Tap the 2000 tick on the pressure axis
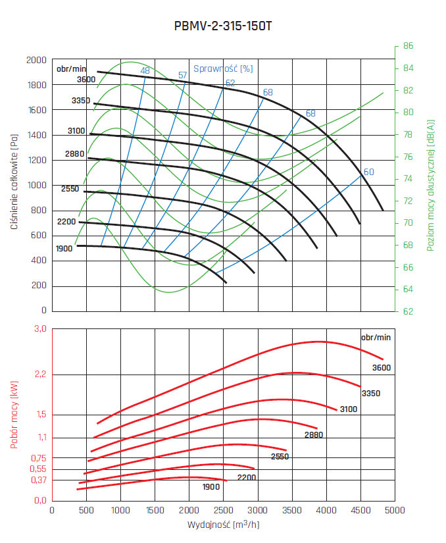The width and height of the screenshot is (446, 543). (x=36, y=60)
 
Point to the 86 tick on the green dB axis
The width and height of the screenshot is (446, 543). (x=408, y=46)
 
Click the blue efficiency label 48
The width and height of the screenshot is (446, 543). (x=145, y=71)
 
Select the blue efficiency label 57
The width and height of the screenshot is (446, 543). (x=183, y=75)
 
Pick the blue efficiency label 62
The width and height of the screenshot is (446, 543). (x=230, y=83)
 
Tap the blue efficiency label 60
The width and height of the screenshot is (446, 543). (x=368, y=172)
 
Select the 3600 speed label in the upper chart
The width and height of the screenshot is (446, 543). (x=86, y=80)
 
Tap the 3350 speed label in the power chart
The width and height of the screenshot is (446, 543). (x=370, y=393)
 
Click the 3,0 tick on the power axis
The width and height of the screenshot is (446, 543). (x=41, y=329)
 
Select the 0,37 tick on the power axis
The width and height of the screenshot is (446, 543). (x=38, y=480)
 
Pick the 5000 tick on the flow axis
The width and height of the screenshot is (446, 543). (x=394, y=510)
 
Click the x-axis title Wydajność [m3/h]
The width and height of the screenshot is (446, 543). (x=222, y=525)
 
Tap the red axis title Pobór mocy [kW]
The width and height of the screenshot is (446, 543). (x=14, y=415)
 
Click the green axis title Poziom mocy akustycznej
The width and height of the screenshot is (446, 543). (x=431, y=184)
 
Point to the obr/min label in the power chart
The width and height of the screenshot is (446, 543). (x=376, y=337)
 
